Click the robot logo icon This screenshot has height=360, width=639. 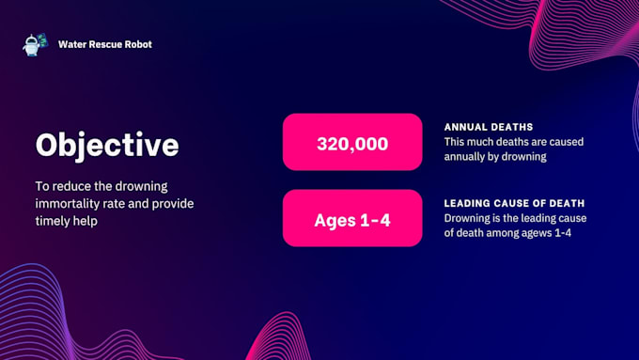click(35, 44)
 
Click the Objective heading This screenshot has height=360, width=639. click(106, 145)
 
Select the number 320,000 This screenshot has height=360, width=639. click(352, 143)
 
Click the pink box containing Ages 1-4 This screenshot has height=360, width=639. click(352, 218)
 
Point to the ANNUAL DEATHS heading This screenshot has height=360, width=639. click(489, 127)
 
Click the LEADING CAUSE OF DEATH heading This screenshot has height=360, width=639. click(515, 203)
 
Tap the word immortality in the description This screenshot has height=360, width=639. click(73, 203)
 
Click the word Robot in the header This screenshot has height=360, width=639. click(138, 44)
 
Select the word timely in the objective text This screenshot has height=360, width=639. click(55, 220)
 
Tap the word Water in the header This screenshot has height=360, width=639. click(71, 44)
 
